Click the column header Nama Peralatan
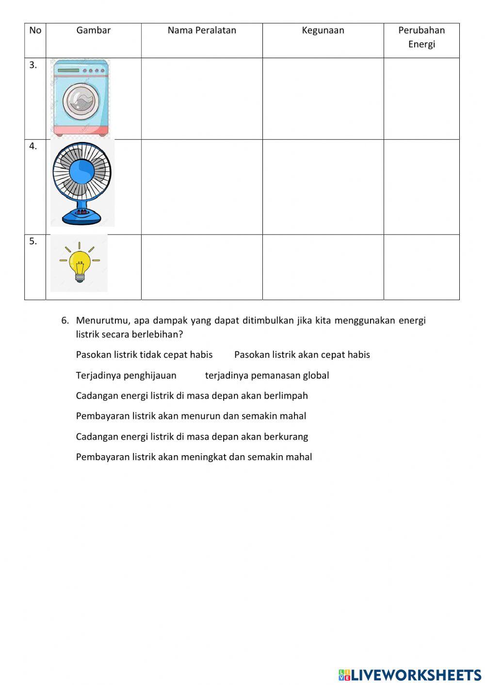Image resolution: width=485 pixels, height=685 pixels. coord(202,31)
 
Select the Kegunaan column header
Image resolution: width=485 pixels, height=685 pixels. coord(323,31)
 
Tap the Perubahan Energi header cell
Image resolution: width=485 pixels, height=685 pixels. coord(421,37)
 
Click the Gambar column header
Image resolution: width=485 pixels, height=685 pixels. coord(94,31)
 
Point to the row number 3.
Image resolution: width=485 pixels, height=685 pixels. coord(33,65)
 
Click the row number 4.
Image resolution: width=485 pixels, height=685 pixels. coord(33,146)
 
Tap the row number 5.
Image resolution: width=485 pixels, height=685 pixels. coord(33,241)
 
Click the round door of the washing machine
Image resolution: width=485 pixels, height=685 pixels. coord(81,102)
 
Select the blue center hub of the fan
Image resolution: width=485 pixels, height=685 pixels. coord(82,171)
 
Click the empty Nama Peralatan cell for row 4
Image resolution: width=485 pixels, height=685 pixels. coord(202,187)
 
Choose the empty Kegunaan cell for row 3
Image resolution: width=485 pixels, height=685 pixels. coord(323,99)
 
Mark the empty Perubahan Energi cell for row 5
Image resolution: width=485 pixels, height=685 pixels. coord(421,267)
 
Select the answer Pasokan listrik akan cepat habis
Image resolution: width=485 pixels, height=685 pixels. coord(302,355)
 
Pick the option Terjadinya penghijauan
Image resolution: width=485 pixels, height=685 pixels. coord(126,376)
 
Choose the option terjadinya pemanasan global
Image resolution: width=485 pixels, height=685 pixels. coord(267,376)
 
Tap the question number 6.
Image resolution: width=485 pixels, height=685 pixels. coord(65,320)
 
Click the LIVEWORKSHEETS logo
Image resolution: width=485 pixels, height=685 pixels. coord(410,674)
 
